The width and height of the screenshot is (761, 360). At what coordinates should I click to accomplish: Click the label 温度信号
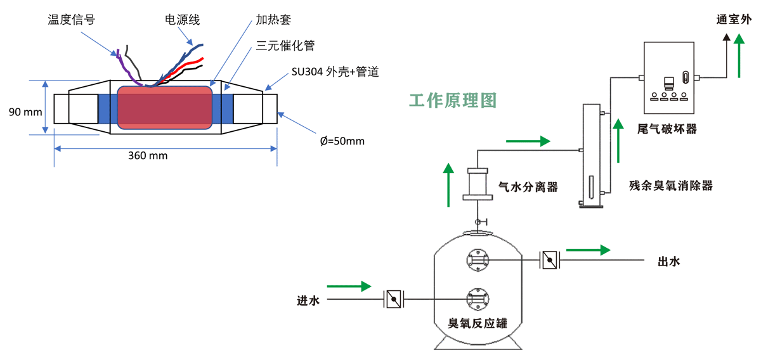click(71, 20)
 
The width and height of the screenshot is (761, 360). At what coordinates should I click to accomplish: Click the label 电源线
click(182, 20)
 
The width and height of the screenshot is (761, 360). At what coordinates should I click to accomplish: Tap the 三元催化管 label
click(285, 46)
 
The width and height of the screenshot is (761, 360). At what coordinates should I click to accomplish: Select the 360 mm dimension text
click(148, 155)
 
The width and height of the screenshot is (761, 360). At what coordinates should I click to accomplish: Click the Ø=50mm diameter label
click(342, 141)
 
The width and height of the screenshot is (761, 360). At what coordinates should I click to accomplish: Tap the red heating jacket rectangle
click(164, 108)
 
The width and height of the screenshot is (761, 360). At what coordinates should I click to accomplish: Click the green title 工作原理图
click(452, 100)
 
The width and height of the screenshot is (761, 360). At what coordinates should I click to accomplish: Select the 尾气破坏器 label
click(667, 129)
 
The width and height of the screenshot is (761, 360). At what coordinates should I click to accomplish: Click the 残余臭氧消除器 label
click(671, 186)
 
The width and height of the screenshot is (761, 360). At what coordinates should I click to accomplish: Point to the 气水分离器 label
click(528, 187)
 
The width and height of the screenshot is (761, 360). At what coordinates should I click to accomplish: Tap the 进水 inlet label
click(309, 300)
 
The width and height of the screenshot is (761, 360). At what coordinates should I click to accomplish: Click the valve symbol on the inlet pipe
click(394, 299)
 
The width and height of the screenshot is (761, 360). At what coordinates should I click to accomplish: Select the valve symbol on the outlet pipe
click(549, 260)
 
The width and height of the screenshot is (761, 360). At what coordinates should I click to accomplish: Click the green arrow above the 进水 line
click(348, 286)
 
